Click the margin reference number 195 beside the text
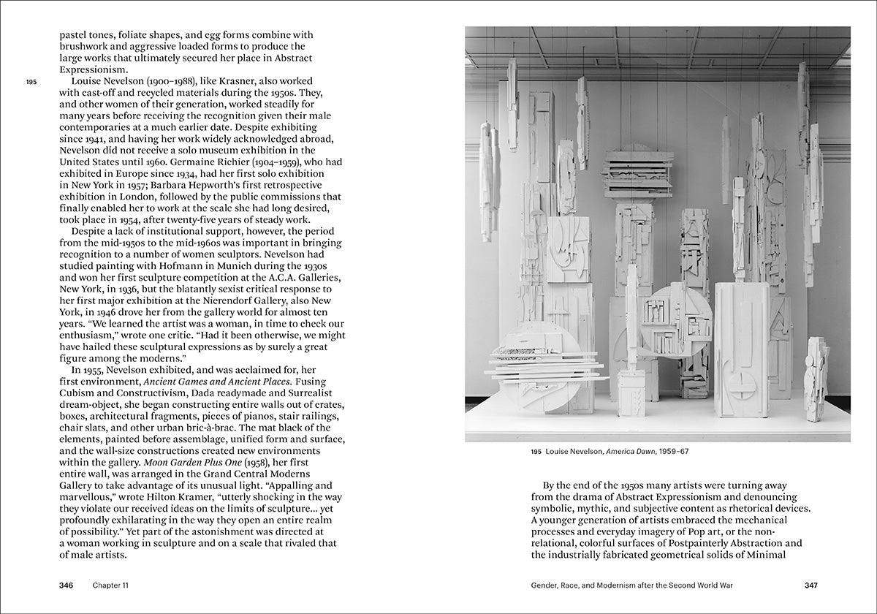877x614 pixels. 31,83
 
